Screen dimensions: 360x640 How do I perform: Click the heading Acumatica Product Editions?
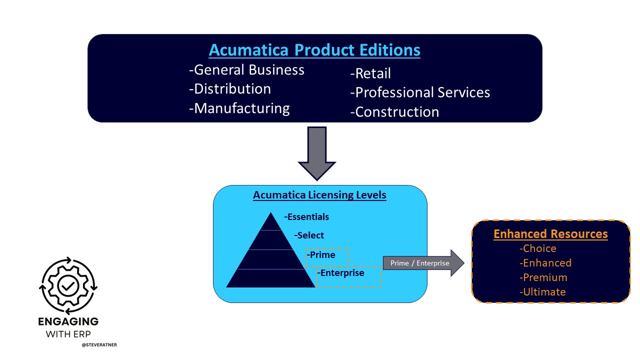pyautogui.click(x=314, y=50)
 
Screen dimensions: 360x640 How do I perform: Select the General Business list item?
pyautogui.click(x=246, y=70)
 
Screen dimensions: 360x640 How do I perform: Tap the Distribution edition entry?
pyautogui.click(x=230, y=89)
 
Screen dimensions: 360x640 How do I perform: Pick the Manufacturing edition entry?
pyautogui.click(x=239, y=108)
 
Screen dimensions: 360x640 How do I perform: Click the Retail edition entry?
pyautogui.click(x=370, y=73)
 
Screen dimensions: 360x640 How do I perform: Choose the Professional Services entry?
pyautogui.click(x=420, y=92)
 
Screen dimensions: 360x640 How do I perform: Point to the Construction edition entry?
pyautogui.click(x=394, y=111)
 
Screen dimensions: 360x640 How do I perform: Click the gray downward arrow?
pyautogui.click(x=316, y=152)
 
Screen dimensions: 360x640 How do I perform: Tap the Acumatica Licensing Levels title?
pyautogui.click(x=319, y=195)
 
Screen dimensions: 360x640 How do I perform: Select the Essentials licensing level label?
pyautogui.click(x=306, y=217)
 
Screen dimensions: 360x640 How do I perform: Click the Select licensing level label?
pyautogui.click(x=309, y=235)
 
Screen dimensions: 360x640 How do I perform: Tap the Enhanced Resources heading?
pyautogui.click(x=550, y=234)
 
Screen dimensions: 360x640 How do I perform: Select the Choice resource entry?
pyautogui.click(x=538, y=248)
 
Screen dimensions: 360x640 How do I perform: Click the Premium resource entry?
pyautogui.click(x=543, y=277)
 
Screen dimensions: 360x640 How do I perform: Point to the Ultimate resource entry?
pyautogui.click(x=543, y=292)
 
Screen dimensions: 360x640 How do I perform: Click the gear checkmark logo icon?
pyautogui.click(x=68, y=285)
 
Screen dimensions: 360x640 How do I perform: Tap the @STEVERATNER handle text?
pyautogui.click(x=99, y=345)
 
